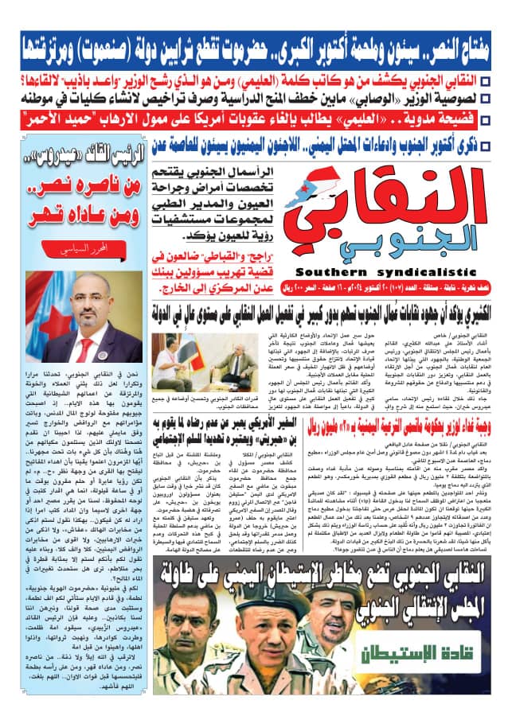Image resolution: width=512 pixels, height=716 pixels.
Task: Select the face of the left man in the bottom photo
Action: coord(181,628)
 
